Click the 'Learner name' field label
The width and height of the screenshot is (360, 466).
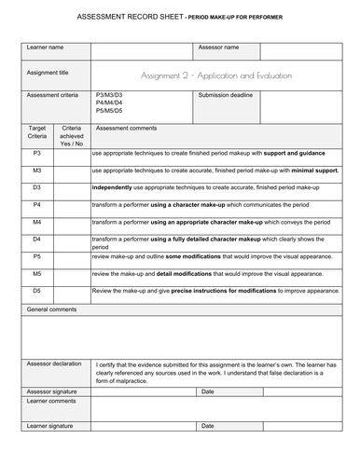click(45, 47)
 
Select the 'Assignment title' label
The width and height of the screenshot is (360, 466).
click(48, 73)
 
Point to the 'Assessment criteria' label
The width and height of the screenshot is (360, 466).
click(53, 95)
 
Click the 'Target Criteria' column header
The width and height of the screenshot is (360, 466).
click(36, 130)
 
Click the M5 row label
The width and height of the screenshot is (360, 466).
click(36, 274)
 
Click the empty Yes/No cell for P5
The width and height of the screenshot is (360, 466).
click(72, 256)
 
